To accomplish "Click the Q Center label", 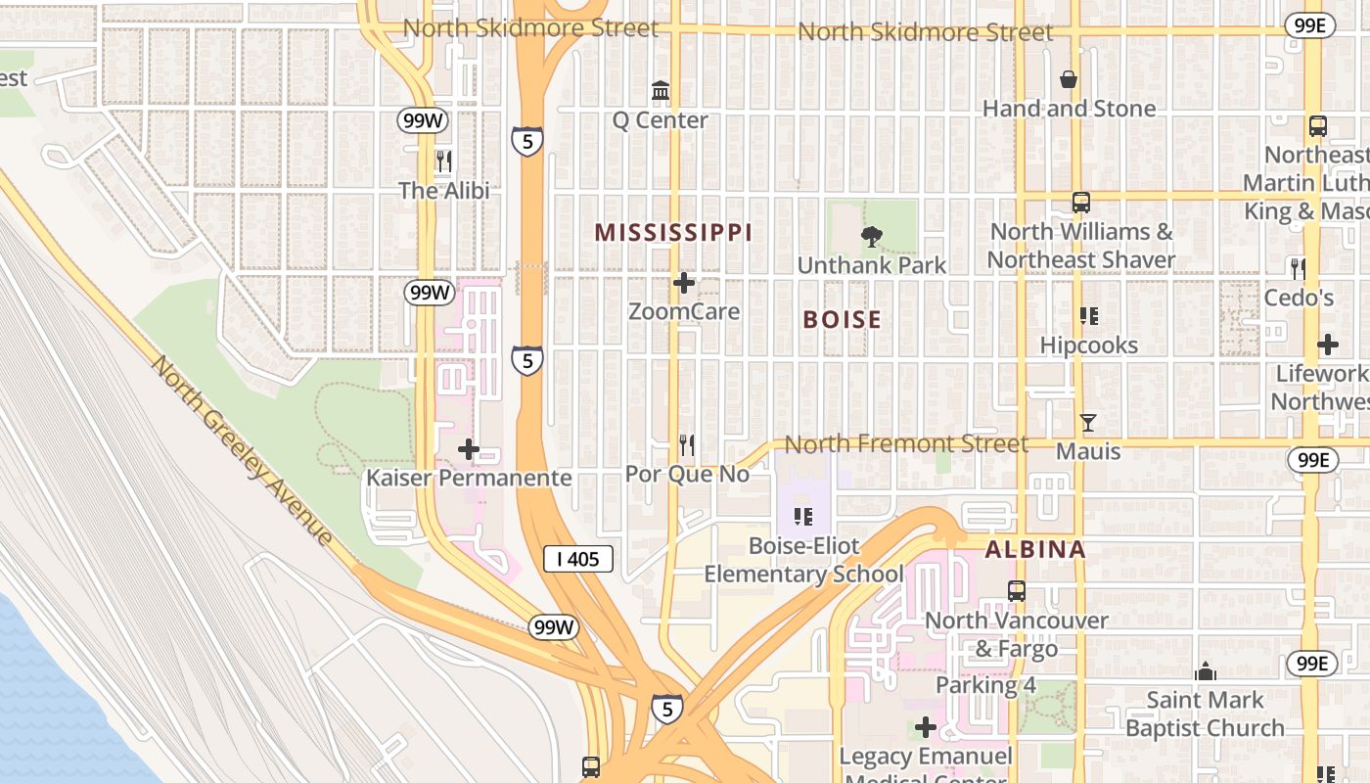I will click(x=660, y=120).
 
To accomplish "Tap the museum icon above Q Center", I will click(x=661, y=91).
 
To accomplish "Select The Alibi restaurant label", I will click(x=443, y=190).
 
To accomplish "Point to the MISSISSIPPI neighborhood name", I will click(x=673, y=232).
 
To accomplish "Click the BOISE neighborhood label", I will click(x=842, y=319).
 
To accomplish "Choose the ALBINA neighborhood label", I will click(x=1035, y=549).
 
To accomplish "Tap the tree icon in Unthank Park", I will click(x=870, y=236).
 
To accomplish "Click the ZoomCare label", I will click(x=683, y=311).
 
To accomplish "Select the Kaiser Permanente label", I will click(x=468, y=478).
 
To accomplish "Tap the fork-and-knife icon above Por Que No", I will click(x=687, y=445).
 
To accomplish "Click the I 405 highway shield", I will click(x=577, y=559).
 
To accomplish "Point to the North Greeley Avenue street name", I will click(x=242, y=449).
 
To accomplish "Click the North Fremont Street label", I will click(x=906, y=444).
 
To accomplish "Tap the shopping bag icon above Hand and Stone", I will click(x=1069, y=79).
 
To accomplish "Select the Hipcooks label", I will click(x=1088, y=345).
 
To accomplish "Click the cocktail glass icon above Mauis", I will click(x=1087, y=423).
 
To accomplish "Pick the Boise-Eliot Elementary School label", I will click(x=803, y=560).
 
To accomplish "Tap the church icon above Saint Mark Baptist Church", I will click(x=1206, y=671).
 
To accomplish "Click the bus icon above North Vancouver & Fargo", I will click(x=1017, y=591).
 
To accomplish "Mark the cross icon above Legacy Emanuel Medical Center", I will click(x=925, y=727).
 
